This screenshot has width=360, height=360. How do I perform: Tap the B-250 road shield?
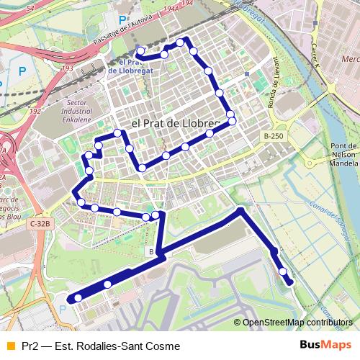273,135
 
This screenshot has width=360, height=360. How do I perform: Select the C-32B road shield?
40,224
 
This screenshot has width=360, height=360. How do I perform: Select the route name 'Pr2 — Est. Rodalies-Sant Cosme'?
101,346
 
